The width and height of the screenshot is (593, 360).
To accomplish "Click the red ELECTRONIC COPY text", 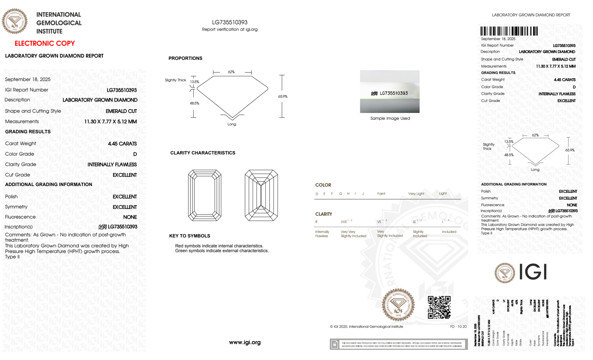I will coord(45,44).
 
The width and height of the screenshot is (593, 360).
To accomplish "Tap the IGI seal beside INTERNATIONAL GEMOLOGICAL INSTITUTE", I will coord(15,21).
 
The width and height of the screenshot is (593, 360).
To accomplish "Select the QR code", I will coord(439,307).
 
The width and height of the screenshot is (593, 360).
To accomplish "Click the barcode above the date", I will coord(509,31).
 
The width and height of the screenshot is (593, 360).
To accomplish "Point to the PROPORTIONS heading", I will coord(185,58).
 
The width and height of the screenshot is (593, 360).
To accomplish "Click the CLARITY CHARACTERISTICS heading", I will coord(203,153).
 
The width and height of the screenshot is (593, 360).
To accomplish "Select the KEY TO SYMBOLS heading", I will coord(190,236).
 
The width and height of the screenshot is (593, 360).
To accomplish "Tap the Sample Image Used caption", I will coord(390,118).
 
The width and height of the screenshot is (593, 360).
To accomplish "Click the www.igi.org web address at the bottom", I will coord(245,343).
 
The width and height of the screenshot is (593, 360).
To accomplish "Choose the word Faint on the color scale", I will coord(381,194).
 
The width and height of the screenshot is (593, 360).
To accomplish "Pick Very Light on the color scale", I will coord(416,194).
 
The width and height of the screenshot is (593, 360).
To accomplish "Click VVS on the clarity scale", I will coord(344,222).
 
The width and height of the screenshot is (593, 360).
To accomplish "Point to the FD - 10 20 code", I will coord(458,327).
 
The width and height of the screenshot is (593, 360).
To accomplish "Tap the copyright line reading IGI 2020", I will coord(367,327).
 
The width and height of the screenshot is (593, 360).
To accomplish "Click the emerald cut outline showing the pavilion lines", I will coord(261,195).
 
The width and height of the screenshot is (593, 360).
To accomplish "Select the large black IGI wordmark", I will coord(533,272).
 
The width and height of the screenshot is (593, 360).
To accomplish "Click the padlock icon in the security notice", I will coord(335,344).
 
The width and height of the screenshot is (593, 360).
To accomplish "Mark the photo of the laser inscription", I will coord(390,92).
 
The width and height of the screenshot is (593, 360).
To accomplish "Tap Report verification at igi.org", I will coord(230,29).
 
